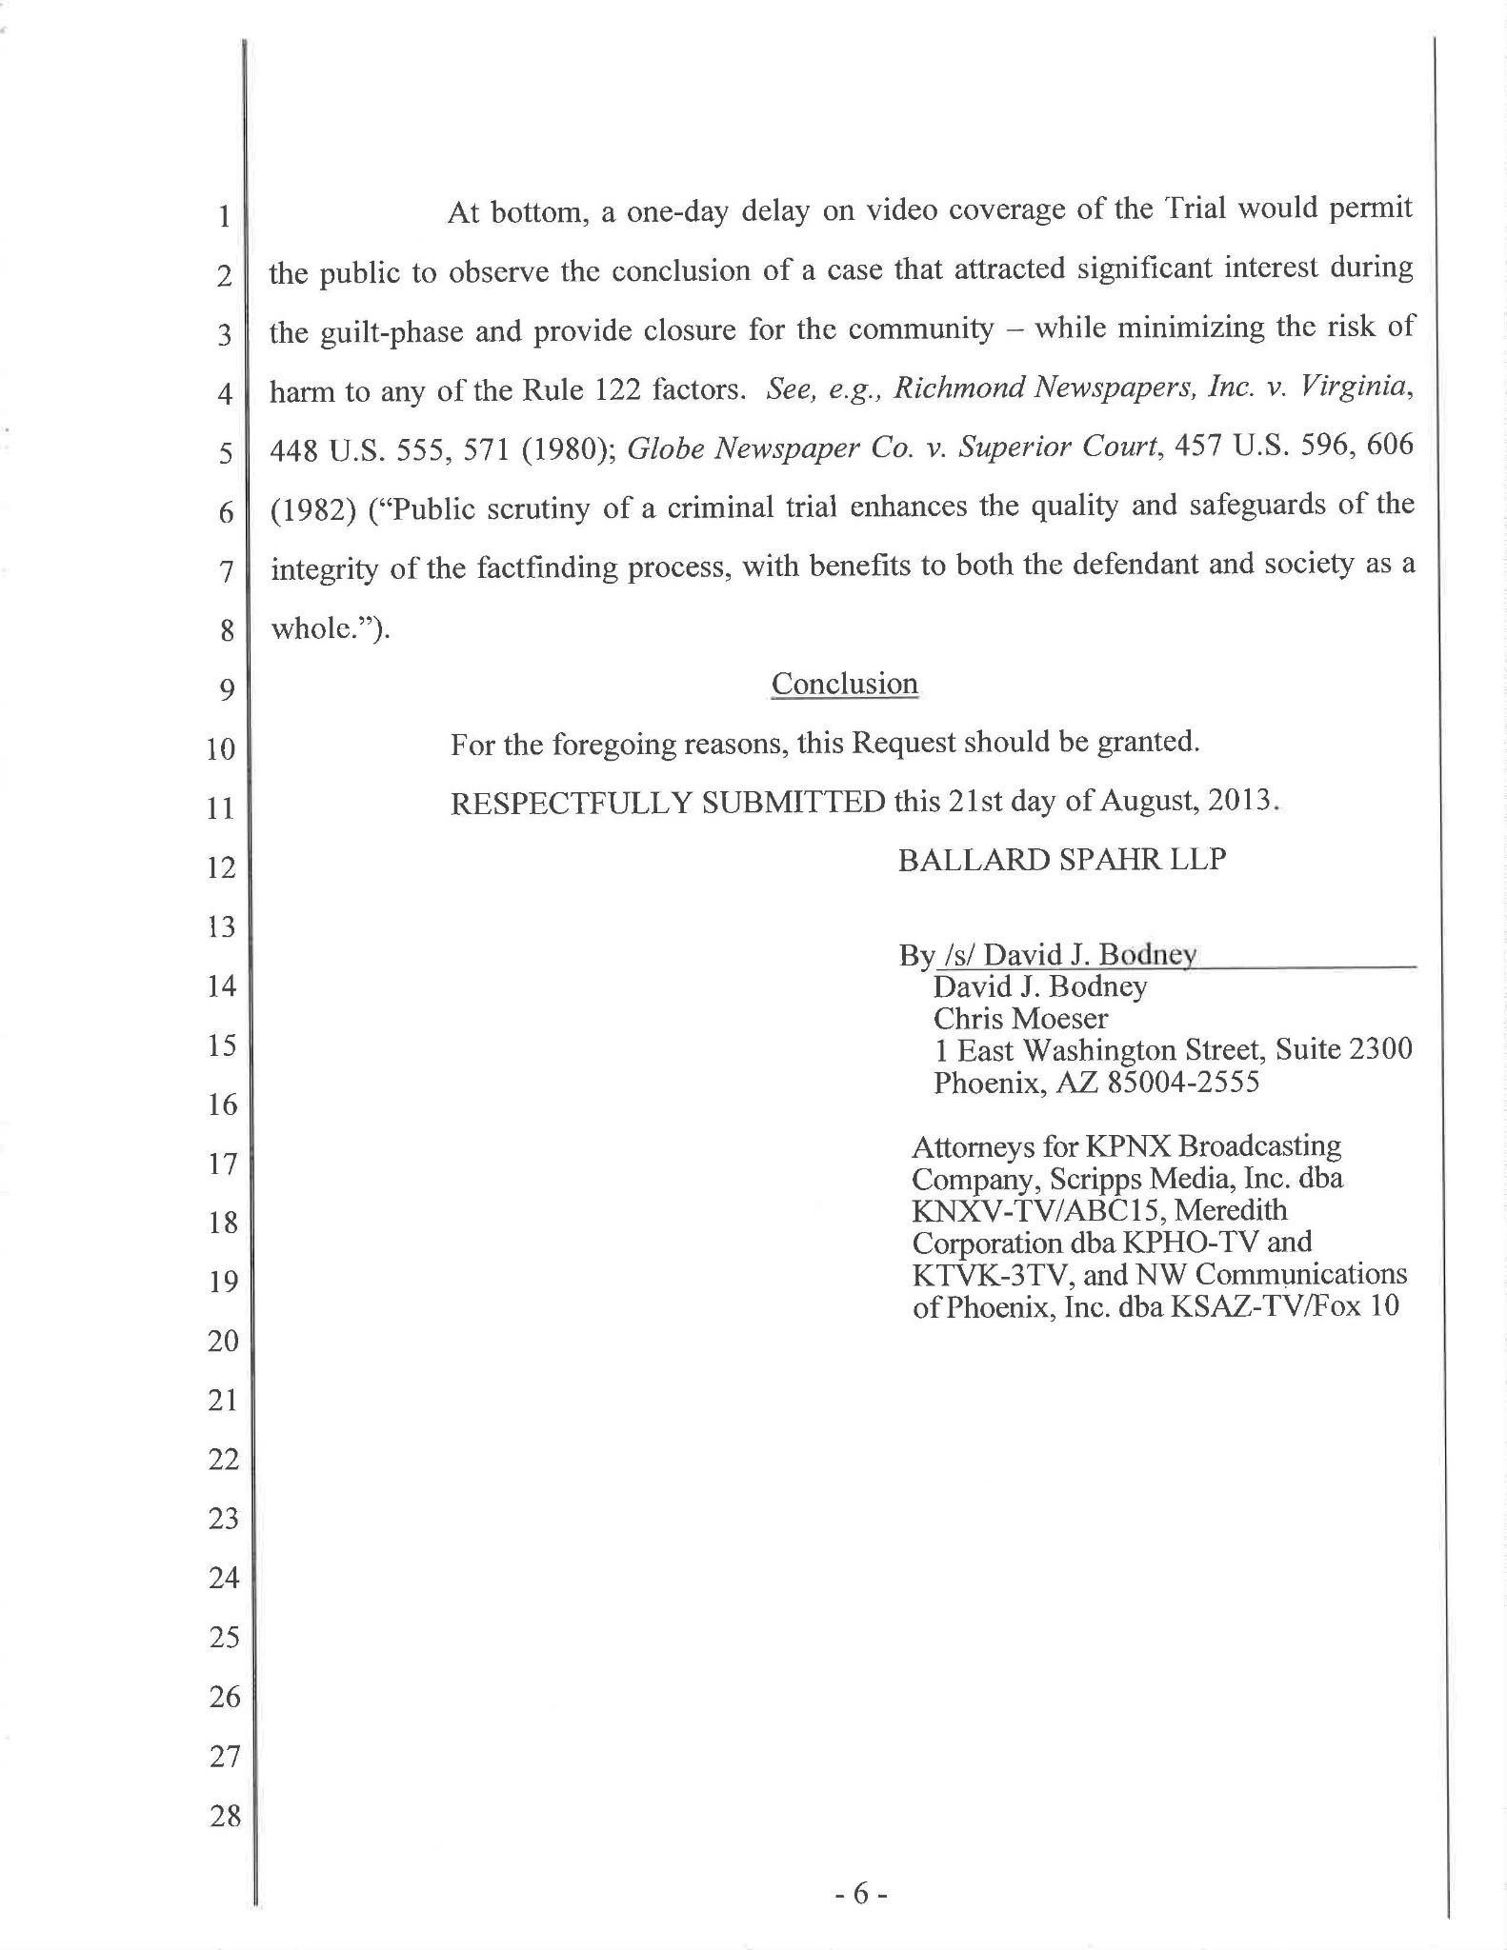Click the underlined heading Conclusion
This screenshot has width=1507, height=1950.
844,684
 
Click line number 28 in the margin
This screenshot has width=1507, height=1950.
225,1815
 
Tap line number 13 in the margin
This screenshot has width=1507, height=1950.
221,926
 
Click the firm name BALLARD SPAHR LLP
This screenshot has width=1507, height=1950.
1061,860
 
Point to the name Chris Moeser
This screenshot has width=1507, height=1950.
1020,1019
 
